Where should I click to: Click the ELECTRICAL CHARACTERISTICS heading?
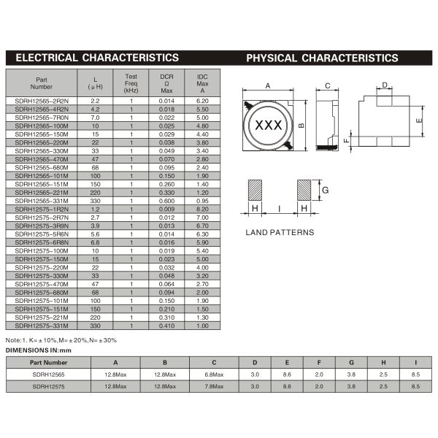pos(97,58)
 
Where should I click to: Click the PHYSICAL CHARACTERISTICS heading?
pos(322,58)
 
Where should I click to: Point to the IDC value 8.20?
pos(202,208)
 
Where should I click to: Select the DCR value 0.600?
pos(166,200)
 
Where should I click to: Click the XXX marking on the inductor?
pos(268,126)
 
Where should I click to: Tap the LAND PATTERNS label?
pos(280,232)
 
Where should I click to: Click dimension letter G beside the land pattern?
pos(325,190)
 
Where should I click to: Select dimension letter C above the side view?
pos(328,85)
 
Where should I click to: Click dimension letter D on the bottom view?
pos(384,85)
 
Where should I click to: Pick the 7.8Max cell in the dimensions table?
pos(213,385)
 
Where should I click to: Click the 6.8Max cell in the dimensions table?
pos(213,374)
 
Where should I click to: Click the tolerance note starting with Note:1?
pos(60,340)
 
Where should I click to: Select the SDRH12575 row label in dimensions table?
pos(48,385)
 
